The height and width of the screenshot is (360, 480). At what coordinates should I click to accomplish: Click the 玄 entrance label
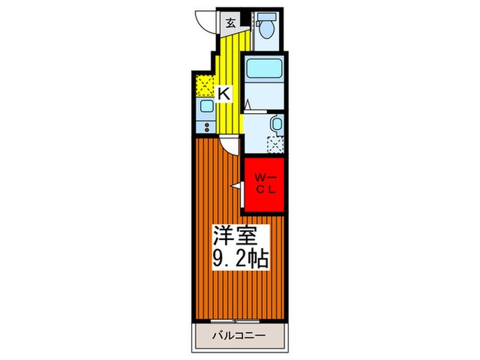point(230,21)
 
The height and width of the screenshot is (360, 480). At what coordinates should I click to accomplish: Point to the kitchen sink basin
point(204,107)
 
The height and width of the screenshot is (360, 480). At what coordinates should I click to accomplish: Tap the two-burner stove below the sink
point(204,125)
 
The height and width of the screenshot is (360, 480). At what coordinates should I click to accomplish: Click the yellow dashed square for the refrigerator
point(204,86)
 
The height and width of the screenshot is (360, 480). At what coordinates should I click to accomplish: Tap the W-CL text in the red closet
point(265,184)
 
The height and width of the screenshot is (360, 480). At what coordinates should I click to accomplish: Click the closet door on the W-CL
point(237,186)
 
